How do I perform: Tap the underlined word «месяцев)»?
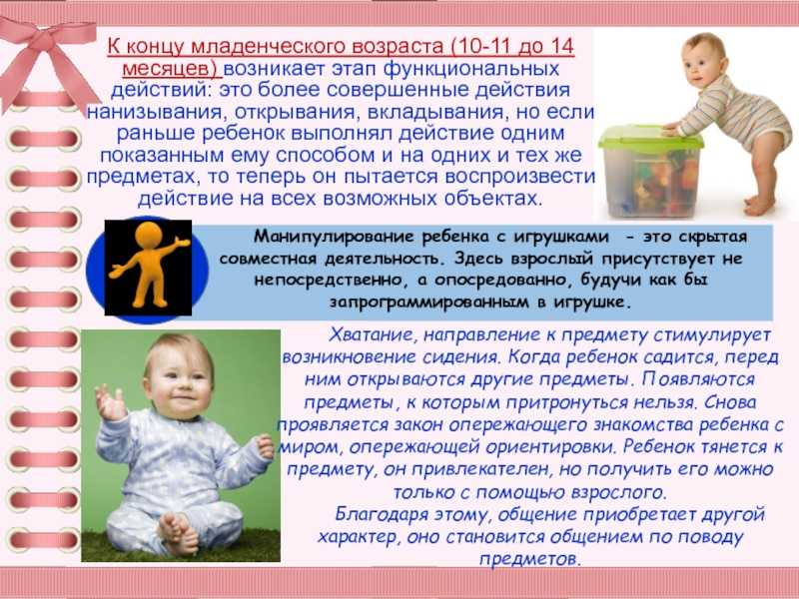[170, 69]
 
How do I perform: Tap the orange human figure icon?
[148, 266]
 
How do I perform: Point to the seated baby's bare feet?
[179, 533]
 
